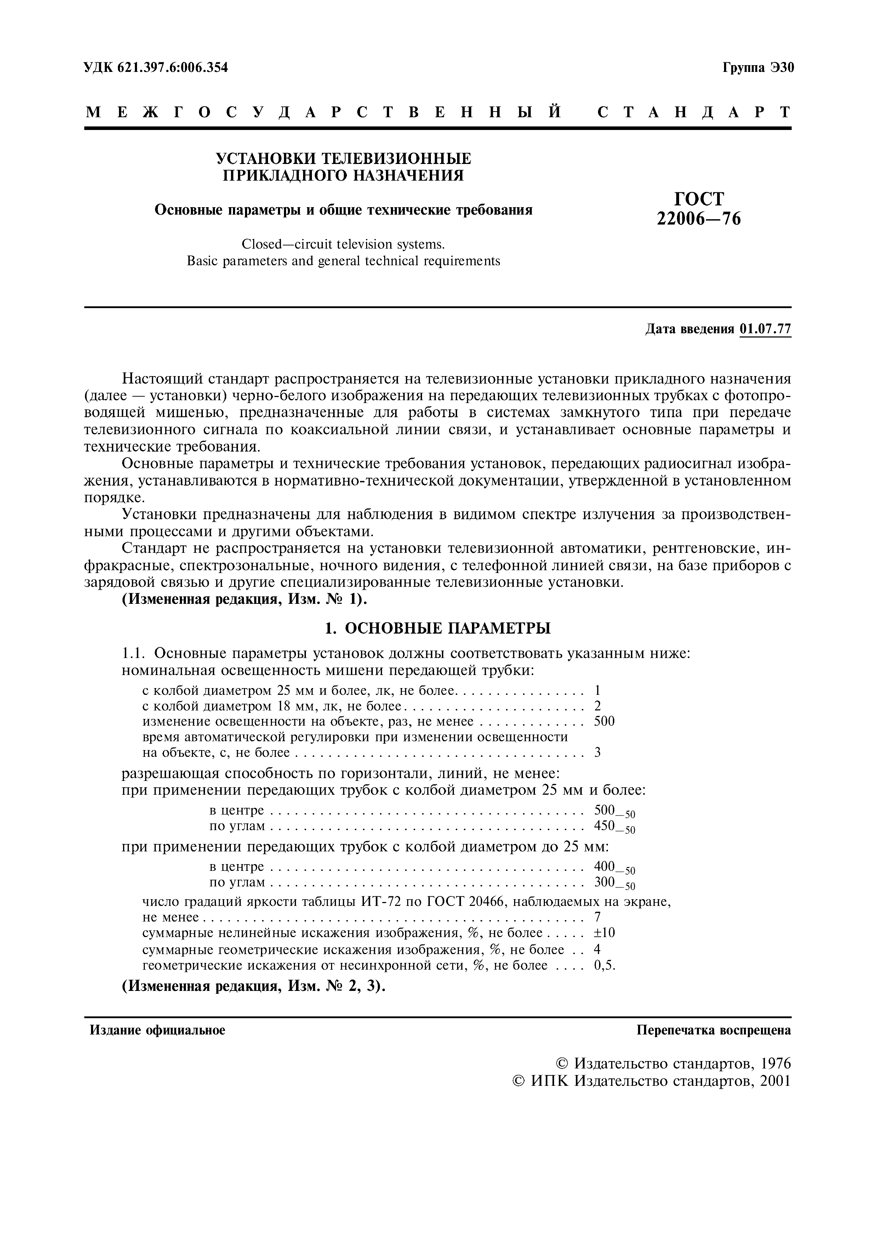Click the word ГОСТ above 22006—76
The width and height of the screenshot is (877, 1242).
click(x=699, y=199)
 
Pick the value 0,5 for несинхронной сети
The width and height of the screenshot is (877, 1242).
click(x=604, y=965)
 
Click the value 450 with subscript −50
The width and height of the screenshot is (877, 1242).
click(x=605, y=826)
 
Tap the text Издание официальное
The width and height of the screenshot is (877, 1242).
click(x=157, y=1031)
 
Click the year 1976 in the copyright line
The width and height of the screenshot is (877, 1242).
click(x=775, y=1064)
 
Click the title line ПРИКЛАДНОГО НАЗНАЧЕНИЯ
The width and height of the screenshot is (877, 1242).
click(x=343, y=175)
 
